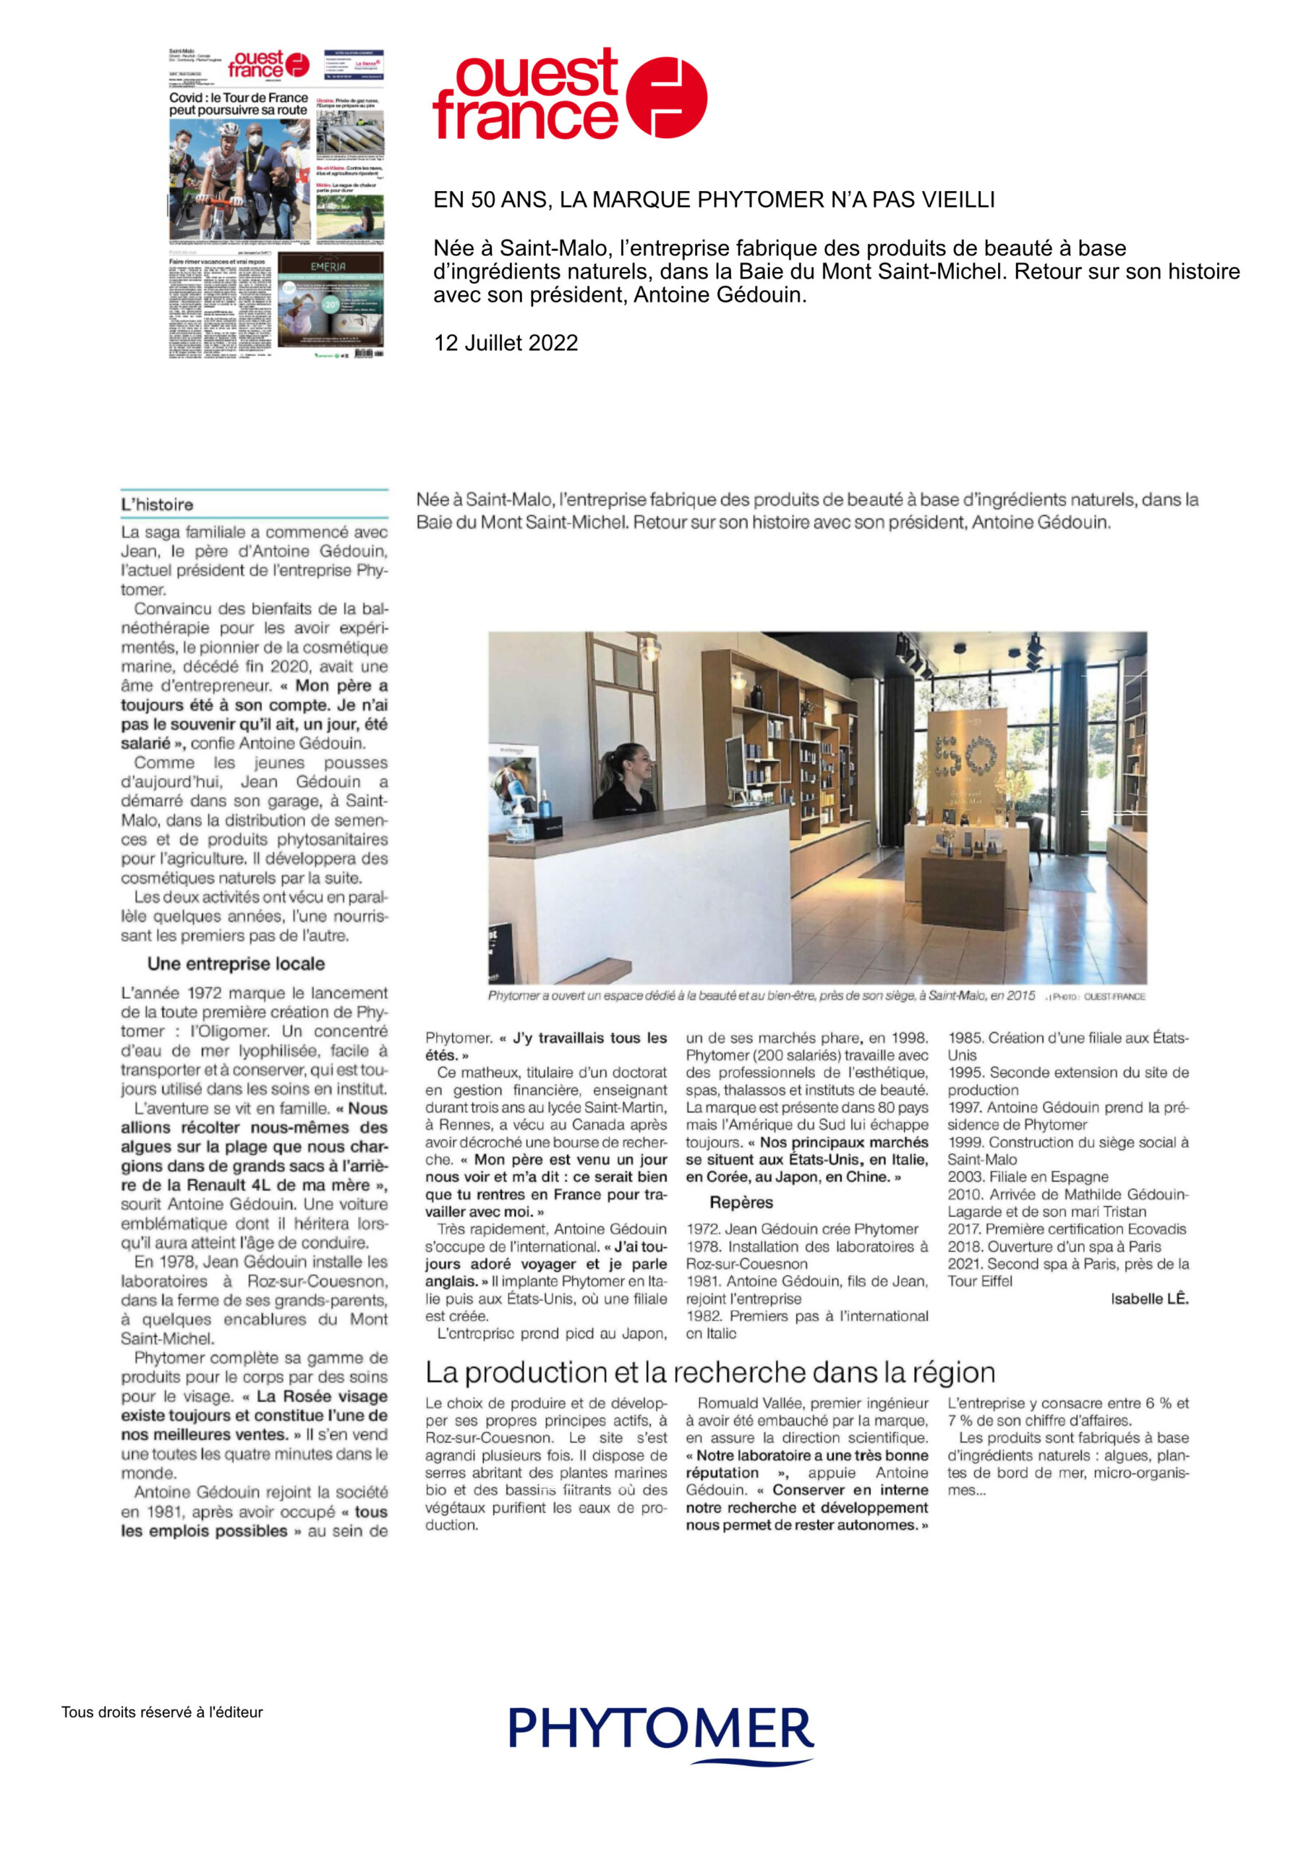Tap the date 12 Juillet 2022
tap(506, 343)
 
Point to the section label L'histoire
tap(157, 505)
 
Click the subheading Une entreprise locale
tap(236, 964)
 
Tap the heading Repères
tap(741, 1202)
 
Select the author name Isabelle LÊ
tap(1148, 1299)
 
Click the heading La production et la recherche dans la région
tap(709, 1372)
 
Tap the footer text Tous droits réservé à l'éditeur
tap(162, 1712)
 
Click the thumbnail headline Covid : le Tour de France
tap(238, 98)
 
